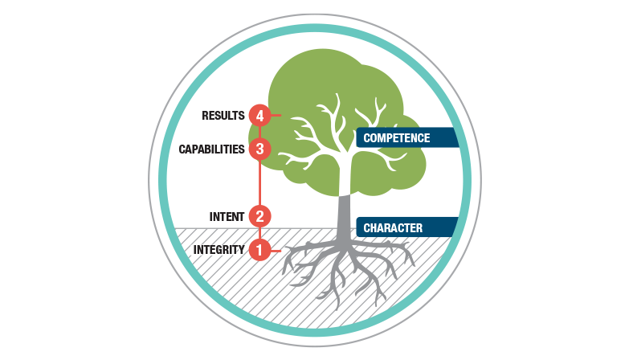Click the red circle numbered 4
[x=259, y=116]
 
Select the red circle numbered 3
[x=259, y=149]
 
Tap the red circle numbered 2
[x=259, y=217]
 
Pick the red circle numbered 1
[x=259, y=250]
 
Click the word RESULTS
[x=223, y=116]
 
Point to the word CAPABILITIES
[x=211, y=149]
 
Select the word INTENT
[x=227, y=217]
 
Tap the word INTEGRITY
[x=219, y=250]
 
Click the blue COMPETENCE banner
[x=407, y=137]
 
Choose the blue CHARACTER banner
[x=406, y=227]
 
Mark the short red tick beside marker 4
[x=276, y=115]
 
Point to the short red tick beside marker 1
[x=276, y=251]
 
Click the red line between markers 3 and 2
[x=260, y=183]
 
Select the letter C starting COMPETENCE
[x=366, y=138]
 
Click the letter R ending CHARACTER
[x=419, y=228]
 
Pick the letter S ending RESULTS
[x=241, y=116]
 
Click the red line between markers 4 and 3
[x=260, y=133]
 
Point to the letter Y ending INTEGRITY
[x=241, y=250]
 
